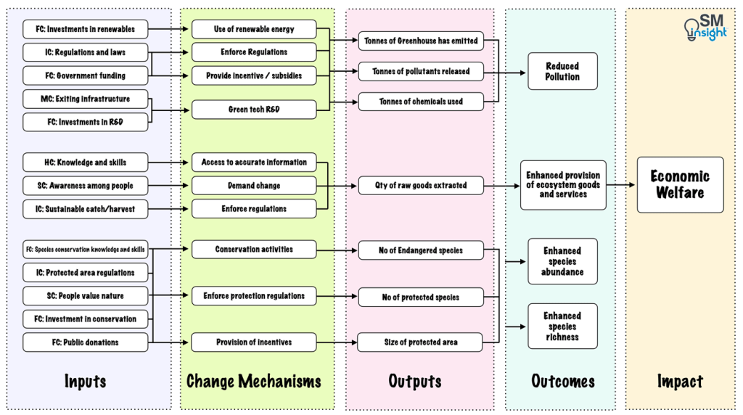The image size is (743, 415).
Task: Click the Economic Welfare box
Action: click(680, 184)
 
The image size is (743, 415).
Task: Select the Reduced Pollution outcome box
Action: click(562, 71)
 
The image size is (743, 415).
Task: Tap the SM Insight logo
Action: click(705, 28)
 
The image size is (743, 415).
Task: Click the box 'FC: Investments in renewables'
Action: click(85, 29)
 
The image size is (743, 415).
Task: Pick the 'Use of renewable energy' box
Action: click(254, 29)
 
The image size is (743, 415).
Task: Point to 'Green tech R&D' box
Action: click(254, 110)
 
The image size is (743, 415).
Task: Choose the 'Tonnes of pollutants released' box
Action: click(421, 71)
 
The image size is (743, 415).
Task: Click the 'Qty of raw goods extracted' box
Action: click(421, 185)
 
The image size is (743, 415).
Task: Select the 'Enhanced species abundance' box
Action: click(562, 261)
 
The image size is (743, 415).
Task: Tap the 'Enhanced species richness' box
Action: click(562, 326)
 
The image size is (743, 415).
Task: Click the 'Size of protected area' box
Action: click(421, 342)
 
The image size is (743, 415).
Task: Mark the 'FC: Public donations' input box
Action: click(85, 342)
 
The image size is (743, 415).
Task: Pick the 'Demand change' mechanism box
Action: click(254, 185)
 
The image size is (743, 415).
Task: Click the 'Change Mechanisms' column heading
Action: click(254, 381)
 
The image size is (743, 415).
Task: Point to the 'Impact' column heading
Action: click(680, 381)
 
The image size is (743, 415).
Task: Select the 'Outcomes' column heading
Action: click(562, 381)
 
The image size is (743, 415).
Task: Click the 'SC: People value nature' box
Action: click(85, 295)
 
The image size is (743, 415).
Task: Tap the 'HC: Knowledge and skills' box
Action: click(85, 162)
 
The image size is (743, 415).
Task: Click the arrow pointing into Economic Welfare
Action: click(621, 185)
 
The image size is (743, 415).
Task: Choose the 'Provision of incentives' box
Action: click(254, 342)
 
